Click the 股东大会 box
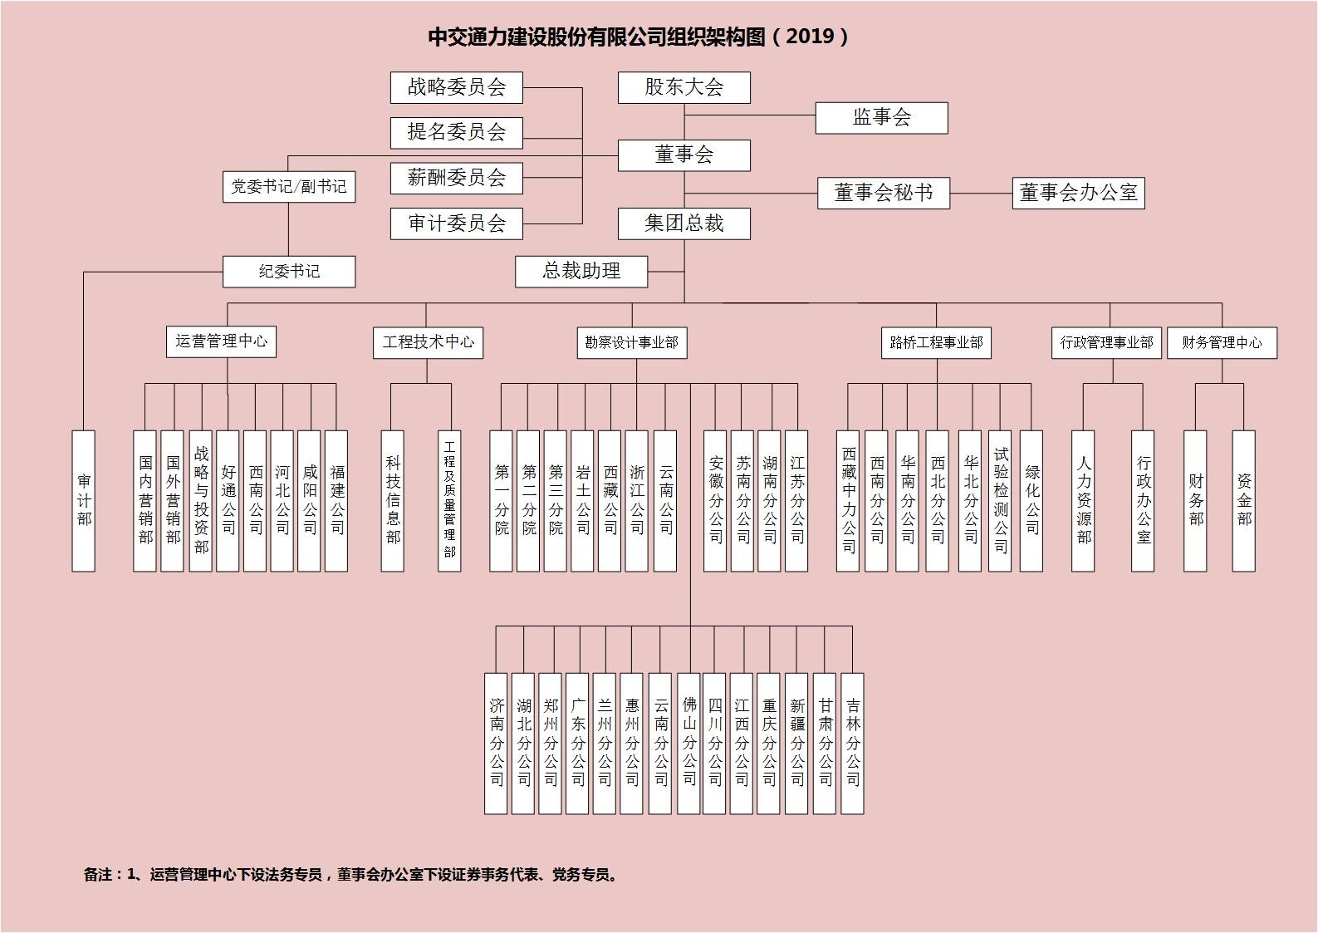[x=683, y=88]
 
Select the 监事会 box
[x=881, y=118]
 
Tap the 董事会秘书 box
[x=884, y=193]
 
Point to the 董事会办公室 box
[x=1079, y=193]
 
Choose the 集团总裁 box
[x=683, y=223]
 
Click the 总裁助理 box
[x=581, y=272]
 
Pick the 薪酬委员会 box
[x=457, y=178]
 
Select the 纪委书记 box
[x=289, y=272]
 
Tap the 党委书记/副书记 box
[x=289, y=187]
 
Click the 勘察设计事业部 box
[x=632, y=342]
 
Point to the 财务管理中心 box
[x=1222, y=342]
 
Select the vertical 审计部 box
[x=84, y=501]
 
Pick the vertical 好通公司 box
[x=228, y=501]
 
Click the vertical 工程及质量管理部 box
[x=449, y=501]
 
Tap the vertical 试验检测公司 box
[x=1000, y=501]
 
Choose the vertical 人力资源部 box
[x=1083, y=501]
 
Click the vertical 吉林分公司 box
[x=853, y=744]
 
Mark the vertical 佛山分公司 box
[x=688, y=744]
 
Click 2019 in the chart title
[x=811, y=37]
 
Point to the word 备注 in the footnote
[x=98, y=875]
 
